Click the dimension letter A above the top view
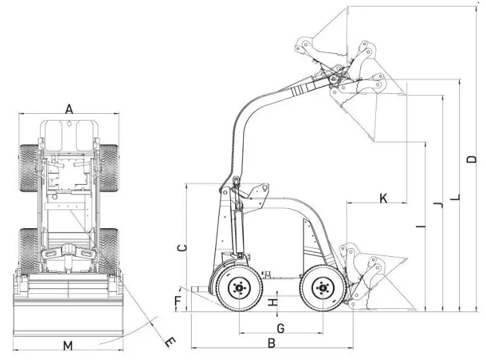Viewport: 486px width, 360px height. (x=69, y=109)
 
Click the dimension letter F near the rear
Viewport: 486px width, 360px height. (x=178, y=303)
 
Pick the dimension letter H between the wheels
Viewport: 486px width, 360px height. (x=272, y=303)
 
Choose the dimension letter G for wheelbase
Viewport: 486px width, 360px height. (x=280, y=327)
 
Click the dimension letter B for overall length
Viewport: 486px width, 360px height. (x=271, y=342)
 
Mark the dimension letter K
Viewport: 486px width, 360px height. (x=383, y=198)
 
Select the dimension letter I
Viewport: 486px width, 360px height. (x=421, y=227)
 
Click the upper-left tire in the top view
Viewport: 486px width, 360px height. (x=29, y=168)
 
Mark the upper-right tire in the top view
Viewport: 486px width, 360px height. (x=110, y=168)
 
